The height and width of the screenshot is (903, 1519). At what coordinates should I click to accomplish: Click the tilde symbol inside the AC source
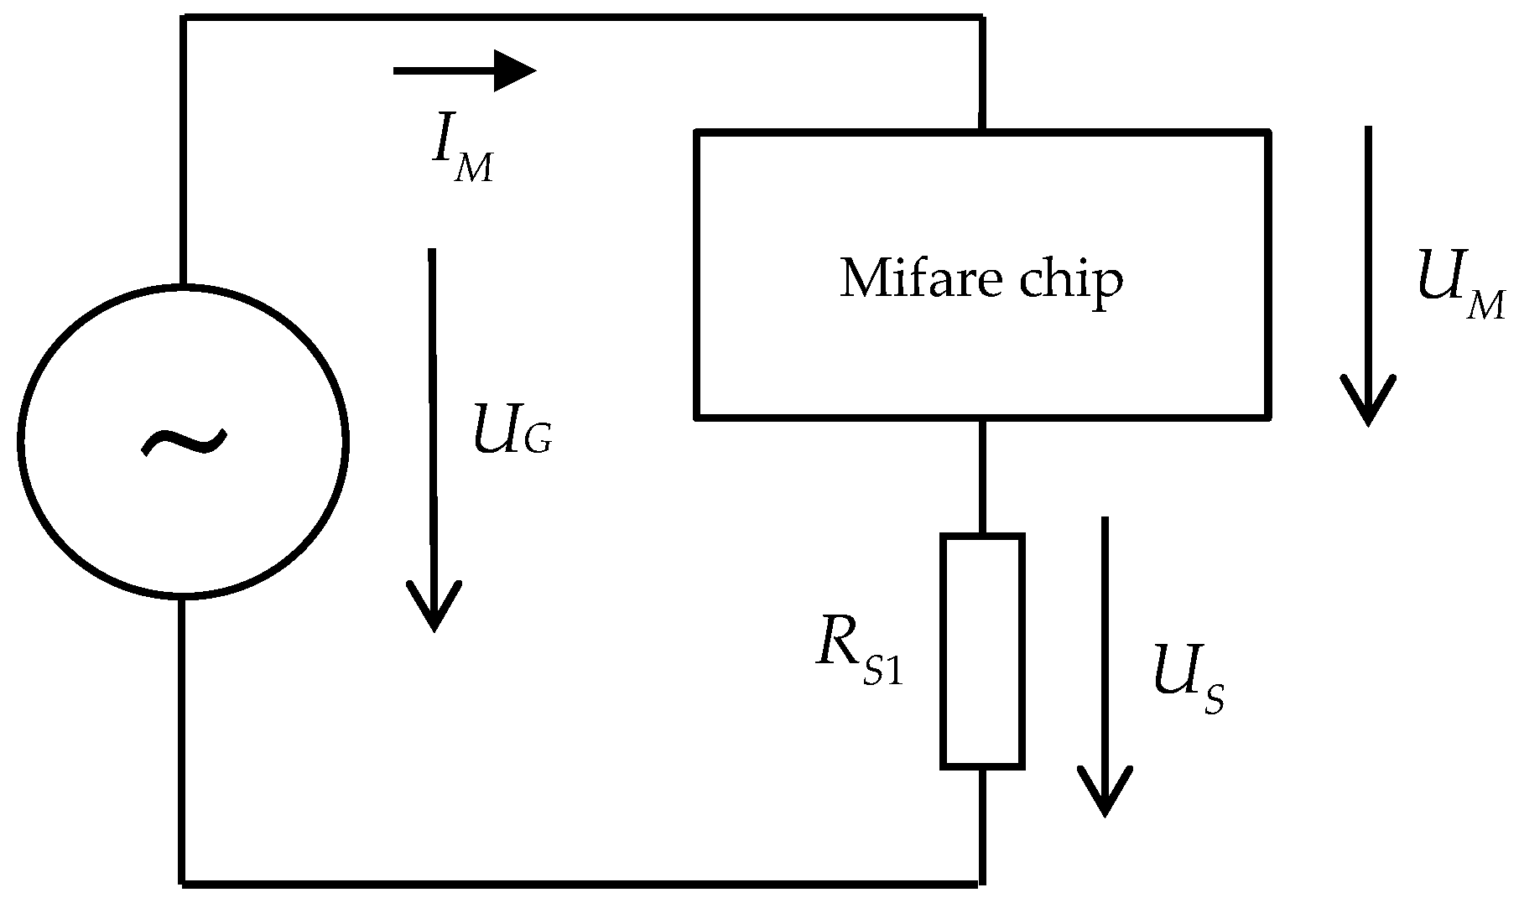(184, 442)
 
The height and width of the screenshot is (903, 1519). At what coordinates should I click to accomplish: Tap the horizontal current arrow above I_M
(464, 70)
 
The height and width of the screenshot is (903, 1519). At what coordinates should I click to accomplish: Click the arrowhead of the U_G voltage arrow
(434, 608)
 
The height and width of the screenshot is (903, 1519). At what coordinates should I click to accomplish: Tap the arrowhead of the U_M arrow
(1368, 402)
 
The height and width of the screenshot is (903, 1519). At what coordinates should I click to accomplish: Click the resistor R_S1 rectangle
(982, 651)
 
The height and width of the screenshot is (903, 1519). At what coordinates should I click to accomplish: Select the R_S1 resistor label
(859, 657)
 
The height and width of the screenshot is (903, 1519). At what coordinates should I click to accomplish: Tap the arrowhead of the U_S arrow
(1105, 792)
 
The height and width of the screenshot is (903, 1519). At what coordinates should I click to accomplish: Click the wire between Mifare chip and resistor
(981, 475)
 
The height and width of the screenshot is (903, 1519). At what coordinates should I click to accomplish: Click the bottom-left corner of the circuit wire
(184, 882)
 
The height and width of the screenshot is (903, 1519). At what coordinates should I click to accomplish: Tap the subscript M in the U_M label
(1486, 307)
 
